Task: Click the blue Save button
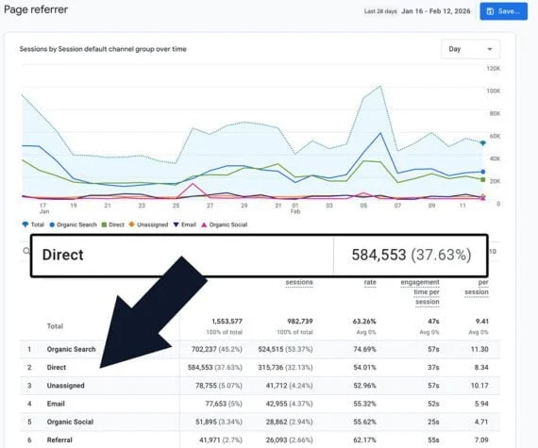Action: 502,11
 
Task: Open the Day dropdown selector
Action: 469,48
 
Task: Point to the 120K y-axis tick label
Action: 493,68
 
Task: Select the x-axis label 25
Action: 175,205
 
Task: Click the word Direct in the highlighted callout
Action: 63,255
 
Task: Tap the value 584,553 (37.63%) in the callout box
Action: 411,255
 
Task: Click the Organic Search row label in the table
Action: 72,349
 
